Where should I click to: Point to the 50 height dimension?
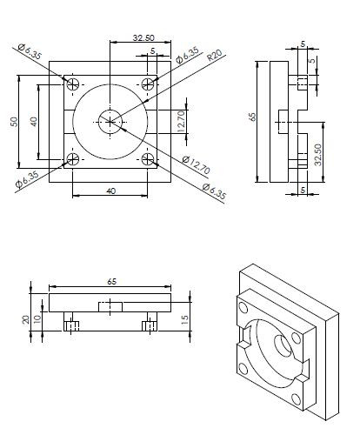14,120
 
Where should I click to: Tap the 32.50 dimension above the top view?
143,37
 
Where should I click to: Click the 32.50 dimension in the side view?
318,155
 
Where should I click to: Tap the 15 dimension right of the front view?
184,321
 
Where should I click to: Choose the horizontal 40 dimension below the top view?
110,190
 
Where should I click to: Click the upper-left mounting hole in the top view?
73,84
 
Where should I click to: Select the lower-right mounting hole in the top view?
149,159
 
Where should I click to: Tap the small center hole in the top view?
110,121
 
